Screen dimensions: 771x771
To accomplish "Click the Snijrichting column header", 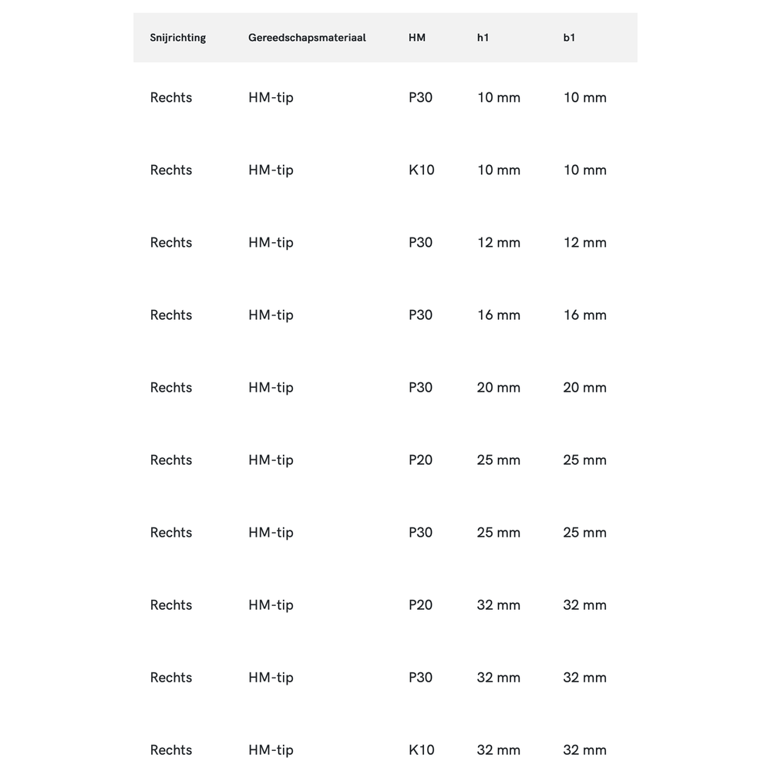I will click(x=178, y=38).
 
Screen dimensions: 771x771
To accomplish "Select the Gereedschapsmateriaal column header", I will click(x=307, y=38).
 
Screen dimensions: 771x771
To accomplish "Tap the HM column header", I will click(x=417, y=38).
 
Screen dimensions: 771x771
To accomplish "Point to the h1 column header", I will click(x=483, y=38).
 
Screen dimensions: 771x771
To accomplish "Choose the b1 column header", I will click(x=569, y=38).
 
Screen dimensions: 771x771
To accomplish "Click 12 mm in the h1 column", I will click(x=498, y=242).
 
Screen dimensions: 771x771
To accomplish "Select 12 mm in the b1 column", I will click(x=584, y=242).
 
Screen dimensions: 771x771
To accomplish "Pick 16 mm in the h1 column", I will click(x=498, y=315).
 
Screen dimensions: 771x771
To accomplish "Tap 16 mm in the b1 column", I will click(x=584, y=315).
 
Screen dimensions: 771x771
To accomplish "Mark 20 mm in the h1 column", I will click(x=498, y=387).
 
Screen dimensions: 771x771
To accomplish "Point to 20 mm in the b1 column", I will click(x=584, y=387).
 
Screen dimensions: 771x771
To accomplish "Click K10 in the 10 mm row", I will click(x=421, y=170).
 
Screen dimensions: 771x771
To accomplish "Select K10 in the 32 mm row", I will click(x=421, y=749).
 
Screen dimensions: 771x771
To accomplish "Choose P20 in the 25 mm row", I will click(x=420, y=460).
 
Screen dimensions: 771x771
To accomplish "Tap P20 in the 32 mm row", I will click(x=420, y=604).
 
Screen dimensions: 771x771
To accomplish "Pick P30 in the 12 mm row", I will click(x=420, y=242).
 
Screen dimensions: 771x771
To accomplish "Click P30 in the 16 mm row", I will click(x=420, y=315).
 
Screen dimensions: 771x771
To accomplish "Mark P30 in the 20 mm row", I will click(x=420, y=387).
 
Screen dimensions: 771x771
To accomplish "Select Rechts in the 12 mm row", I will click(x=171, y=242).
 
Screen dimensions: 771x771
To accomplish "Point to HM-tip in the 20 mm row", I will click(x=271, y=387).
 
